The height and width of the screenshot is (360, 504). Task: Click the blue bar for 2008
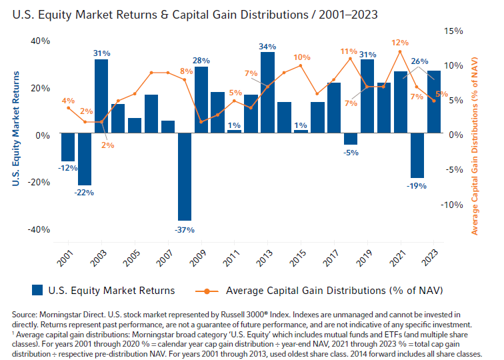coord(185,177)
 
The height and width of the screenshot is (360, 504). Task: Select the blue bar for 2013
coord(267,92)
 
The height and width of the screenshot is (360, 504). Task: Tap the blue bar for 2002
coord(85,159)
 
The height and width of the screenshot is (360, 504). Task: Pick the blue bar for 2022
coord(417,155)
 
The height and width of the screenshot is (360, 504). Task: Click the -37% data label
coord(185,230)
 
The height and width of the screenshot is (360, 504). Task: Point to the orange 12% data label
coord(400,43)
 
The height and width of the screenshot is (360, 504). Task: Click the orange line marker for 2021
coord(400,51)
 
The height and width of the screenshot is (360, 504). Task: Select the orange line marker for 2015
coord(301,65)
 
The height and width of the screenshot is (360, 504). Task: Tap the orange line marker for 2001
coord(68,108)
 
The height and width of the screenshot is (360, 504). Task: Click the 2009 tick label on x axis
coord(197,258)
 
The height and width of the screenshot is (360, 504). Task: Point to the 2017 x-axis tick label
coord(331,258)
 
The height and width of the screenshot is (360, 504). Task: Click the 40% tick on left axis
coord(41,41)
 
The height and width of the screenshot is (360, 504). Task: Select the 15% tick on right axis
coord(453,31)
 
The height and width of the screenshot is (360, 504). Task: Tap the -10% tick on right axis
coord(451,205)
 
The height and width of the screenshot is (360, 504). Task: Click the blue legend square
coord(37,290)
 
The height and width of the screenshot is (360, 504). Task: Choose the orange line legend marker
coord(207,291)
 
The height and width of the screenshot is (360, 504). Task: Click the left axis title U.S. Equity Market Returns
coord(16,129)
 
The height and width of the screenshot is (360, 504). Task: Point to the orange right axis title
coord(475,146)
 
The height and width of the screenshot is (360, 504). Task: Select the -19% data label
coord(417,186)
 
